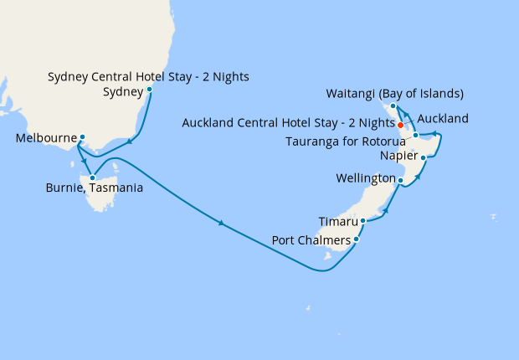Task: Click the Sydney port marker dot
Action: click(x=149, y=89)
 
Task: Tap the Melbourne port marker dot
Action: click(x=82, y=136)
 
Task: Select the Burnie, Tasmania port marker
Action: click(x=92, y=177)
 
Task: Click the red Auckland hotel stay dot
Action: click(x=401, y=125)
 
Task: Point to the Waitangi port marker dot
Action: click(x=393, y=106)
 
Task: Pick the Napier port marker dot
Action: click(x=424, y=157)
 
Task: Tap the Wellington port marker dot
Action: click(x=400, y=180)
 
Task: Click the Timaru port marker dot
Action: click(x=362, y=222)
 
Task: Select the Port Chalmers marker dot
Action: click(x=356, y=239)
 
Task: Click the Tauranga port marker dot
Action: click(x=415, y=135)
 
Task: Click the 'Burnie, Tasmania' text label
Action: click(x=94, y=188)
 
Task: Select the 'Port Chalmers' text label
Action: click(x=311, y=240)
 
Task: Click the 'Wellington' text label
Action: click(x=364, y=179)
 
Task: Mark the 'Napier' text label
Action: click(x=397, y=156)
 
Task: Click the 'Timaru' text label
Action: click(x=338, y=222)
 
